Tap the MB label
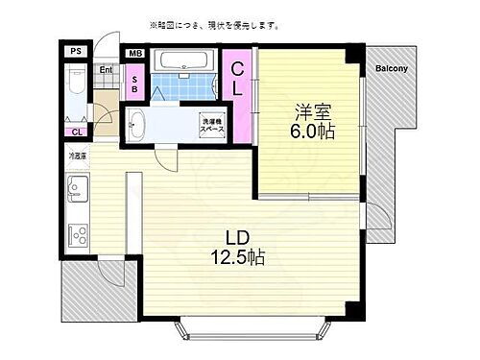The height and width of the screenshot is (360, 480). (135, 54)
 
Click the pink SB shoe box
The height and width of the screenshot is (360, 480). (135, 83)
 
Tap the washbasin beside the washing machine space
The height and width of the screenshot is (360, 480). (137, 123)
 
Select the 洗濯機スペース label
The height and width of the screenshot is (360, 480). (213, 126)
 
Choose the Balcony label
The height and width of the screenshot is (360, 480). (391, 68)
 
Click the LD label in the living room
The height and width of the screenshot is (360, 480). (238, 236)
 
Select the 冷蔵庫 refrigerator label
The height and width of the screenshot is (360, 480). (77, 155)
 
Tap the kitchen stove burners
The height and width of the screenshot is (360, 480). (76, 233)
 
